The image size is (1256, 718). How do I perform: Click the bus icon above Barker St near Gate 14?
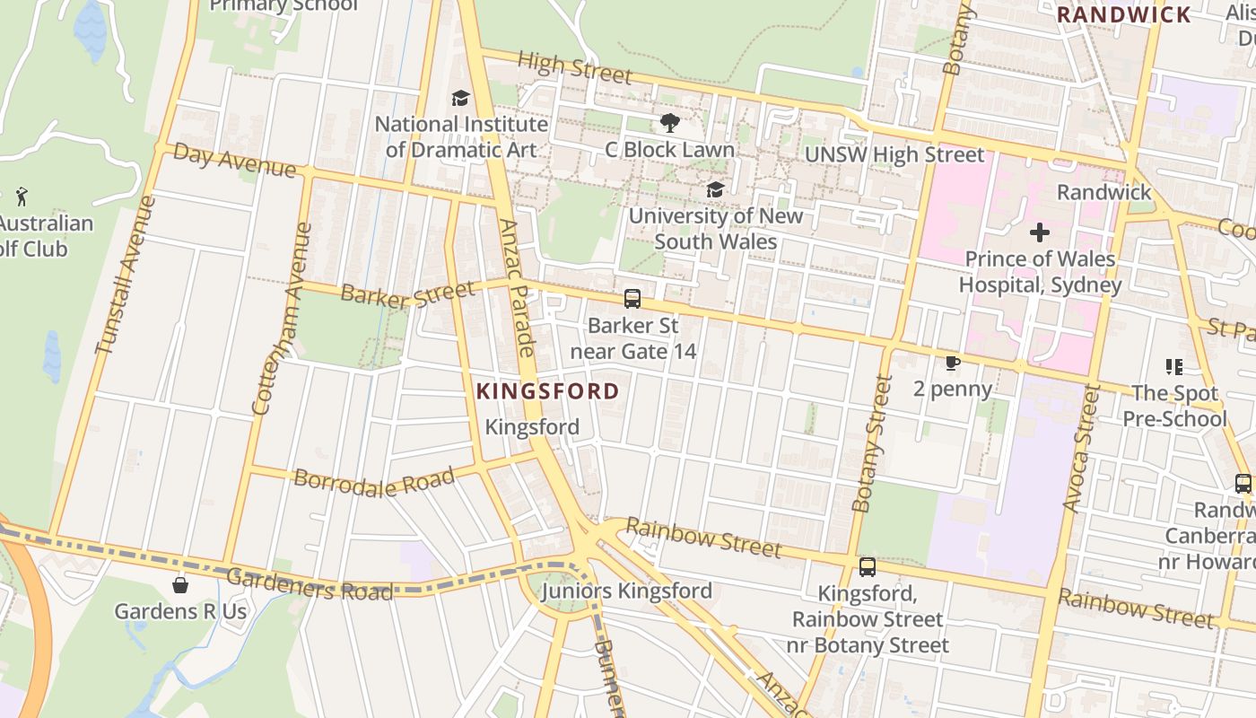click(x=632, y=299)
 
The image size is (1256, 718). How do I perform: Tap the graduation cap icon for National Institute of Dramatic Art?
click(x=460, y=98)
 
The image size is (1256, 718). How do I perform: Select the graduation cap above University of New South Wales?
click(x=715, y=189)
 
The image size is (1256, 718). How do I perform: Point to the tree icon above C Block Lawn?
click(x=669, y=123)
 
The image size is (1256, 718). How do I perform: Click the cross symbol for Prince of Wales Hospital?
click(x=1040, y=233)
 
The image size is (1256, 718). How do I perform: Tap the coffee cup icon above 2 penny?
click(x=952, y=363)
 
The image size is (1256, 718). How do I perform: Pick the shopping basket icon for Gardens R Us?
click(x=180, y=585)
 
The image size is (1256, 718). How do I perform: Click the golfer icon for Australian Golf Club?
click(x=22, y=197)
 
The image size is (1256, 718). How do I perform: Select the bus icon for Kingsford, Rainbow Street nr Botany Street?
click(x=867, y=567)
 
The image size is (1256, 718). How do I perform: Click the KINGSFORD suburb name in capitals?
click(x=547, y=391)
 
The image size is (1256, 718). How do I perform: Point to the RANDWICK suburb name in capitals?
click(x=1123, y=14)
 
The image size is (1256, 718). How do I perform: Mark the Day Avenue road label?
click(x=233, y=160)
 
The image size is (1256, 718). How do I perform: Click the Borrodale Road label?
click(x=374, y=480)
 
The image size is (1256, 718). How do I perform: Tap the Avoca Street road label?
click(x=1080, y=449)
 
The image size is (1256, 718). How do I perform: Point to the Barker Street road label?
click(x=407, y=294)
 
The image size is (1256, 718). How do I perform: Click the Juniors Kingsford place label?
click(x=626, y=591)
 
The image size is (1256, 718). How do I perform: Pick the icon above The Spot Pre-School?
click(x=1173, y=366)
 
